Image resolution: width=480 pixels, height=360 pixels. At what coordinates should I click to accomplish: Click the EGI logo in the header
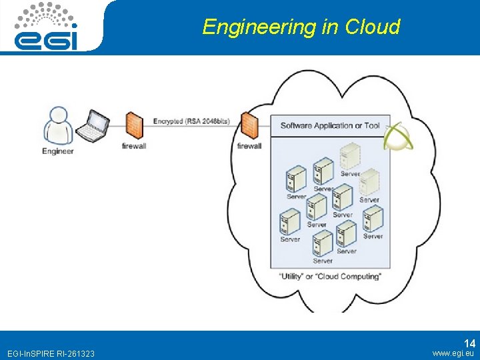(x=47, y=27)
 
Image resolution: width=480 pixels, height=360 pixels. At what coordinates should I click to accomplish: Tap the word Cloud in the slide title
(x=373, y=27)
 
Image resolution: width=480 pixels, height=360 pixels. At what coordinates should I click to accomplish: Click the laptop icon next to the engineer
(x=92, y=126)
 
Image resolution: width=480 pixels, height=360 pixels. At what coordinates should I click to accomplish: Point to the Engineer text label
(x=58, y=151)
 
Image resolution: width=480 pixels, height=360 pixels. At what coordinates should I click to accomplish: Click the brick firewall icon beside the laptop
(x=134, y=125)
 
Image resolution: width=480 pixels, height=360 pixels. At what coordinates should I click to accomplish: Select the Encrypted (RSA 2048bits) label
(x=191, y=121)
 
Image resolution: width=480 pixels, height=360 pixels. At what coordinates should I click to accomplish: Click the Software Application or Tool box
(x=329, y=125)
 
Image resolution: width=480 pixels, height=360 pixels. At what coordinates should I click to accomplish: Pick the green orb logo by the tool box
(x=398, y=135)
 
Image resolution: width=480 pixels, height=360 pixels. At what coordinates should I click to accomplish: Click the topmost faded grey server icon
(x=349, y=156)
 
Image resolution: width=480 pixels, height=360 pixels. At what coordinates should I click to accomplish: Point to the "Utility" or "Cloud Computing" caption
(x=329, y=276)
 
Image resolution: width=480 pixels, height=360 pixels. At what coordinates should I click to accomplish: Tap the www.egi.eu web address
(x=453, y=353)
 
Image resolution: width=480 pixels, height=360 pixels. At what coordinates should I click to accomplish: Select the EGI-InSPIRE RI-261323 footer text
(x=50, y=353)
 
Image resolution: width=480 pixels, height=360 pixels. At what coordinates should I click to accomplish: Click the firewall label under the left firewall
(x=134, y=146)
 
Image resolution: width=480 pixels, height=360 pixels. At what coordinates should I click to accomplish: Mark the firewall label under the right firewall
(x=249, y=146)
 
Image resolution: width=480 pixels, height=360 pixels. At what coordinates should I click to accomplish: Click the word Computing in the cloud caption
(x=360, y=276)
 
